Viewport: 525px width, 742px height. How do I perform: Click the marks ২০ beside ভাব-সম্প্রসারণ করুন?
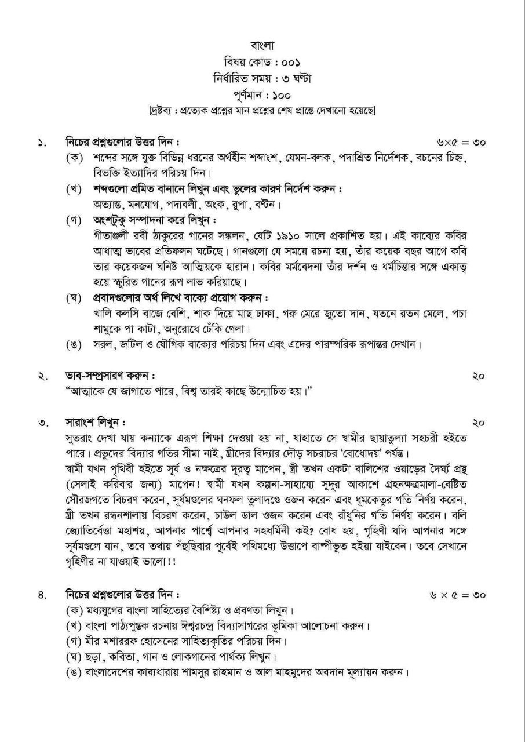(478, 376)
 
